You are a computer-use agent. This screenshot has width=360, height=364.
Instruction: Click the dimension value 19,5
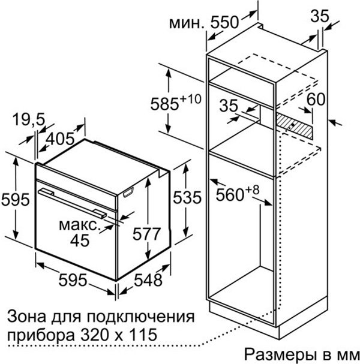tap(28, 120)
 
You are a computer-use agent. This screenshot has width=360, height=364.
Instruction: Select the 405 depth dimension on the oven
tap(60, 139)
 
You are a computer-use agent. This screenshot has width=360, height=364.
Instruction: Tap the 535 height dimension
tap(187, 197)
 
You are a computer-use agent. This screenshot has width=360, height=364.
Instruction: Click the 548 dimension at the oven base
tap(148, 280)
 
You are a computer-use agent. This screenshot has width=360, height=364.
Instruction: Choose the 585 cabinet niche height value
tap(164, 104)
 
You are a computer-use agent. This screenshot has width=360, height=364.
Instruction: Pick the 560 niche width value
tap(230, 194)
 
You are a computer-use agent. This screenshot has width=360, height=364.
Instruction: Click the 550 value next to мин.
tap(224, 23)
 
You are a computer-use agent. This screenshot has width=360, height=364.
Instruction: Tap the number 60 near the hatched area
tap(316, 99)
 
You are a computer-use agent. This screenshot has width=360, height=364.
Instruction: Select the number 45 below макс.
tap(80, 240)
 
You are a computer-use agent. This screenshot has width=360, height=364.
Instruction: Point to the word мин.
tap(186, 23)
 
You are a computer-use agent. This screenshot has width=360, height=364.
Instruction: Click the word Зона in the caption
tap(26, 317)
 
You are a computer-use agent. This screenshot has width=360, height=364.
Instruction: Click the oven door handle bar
tap(73, 203)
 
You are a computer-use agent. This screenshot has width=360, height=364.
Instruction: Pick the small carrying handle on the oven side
tap(128, 192)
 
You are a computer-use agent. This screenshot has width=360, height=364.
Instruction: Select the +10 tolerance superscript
tap(190, 99)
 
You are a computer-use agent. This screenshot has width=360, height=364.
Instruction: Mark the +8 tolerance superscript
tap(252, 190)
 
